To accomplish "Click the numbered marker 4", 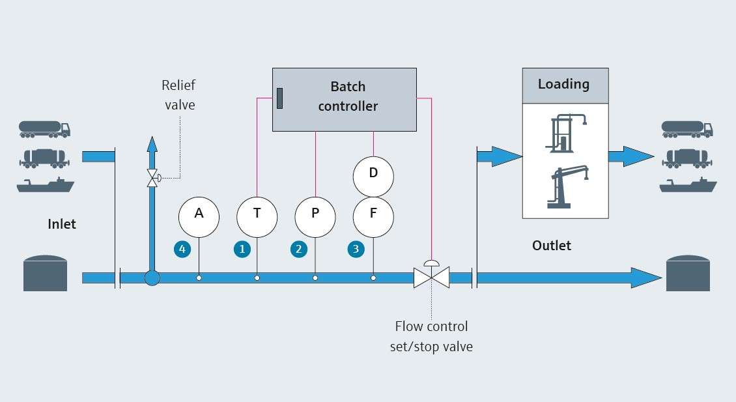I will coord(182,248).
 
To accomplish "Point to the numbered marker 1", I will coord(242,248).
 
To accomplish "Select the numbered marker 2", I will coord(299,248).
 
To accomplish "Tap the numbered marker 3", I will coord(356,248).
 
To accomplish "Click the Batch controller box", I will coord(344,99).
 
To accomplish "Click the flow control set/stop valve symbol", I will coord(431,278).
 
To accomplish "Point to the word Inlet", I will coord(62,224).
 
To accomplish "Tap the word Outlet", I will coord(551,246).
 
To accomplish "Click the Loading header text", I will coord(563,85).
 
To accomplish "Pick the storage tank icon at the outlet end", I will coord(688,273).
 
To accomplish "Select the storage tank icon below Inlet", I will coord(45,273).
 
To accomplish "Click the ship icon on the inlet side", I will coord(46,185).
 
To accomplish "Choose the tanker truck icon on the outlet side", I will coord(687,128).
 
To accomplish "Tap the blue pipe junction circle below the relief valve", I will coord(152,278).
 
